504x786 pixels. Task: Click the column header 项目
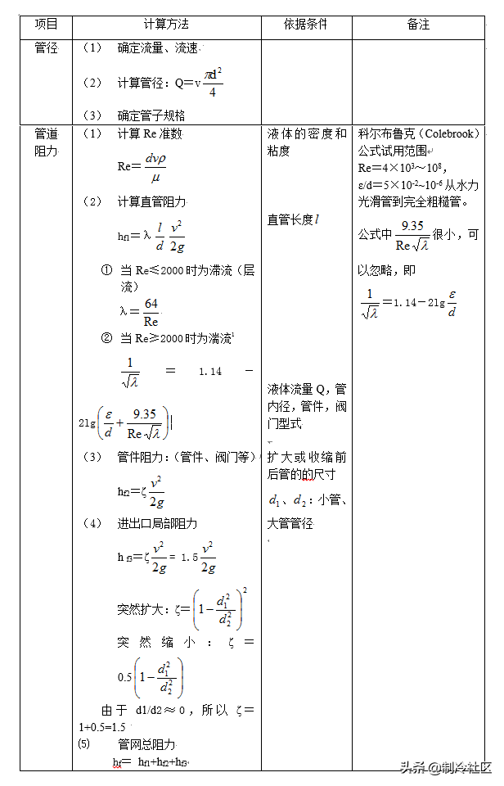tap(46, 25)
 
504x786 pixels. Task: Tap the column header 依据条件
tap(305, 25)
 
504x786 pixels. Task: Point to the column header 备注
tap(418, 25)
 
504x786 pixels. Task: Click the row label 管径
tap(46, 48)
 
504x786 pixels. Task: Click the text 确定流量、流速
tap(157, 49)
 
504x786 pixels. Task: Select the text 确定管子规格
tap(151, 115)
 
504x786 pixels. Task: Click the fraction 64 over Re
tap(151, 312)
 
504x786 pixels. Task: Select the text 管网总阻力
tap(146, 744)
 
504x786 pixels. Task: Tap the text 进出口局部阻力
tap(157, 523)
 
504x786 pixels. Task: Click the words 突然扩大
tap(142, 609)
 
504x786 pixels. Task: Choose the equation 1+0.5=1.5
tap(102, 727)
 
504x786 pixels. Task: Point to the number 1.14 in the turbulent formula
tap(210, 371)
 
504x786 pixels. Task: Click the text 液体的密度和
tap(307, 134)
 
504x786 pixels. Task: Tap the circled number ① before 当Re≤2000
tap(106, 269)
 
